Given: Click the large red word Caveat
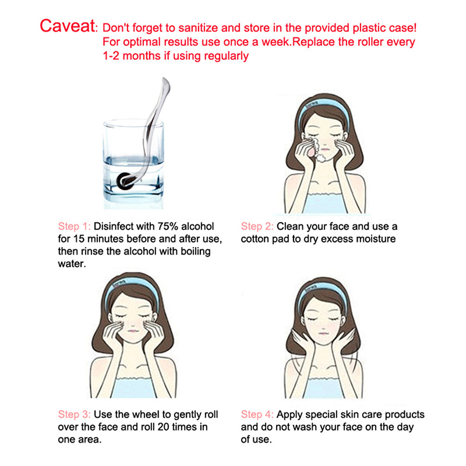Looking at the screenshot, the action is [x=68, y=26].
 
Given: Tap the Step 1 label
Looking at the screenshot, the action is [x=75, y=227].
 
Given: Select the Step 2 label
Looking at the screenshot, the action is [x=257, y=227].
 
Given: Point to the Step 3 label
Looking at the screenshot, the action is [x=75, y=415].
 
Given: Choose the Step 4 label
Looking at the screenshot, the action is [x=257, y=415].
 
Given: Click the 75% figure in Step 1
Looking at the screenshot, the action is [x=168, y=227].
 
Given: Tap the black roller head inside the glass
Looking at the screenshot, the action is [x=124, y=181].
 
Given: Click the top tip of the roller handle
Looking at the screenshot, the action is [x=164, y=79].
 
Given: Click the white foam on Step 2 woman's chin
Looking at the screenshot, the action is [x=321, y=157].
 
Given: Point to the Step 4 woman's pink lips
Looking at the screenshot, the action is [x=323, y=334].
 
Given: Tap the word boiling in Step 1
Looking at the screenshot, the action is [x=196, y=252].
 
